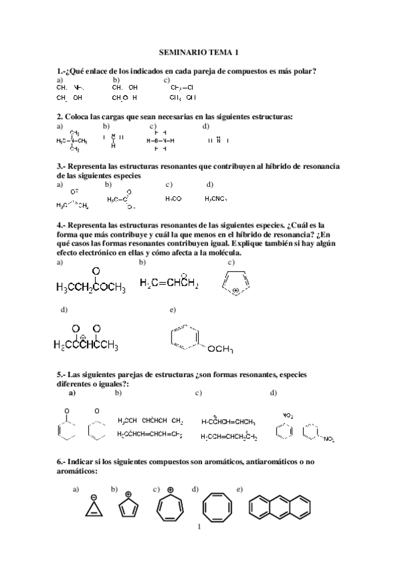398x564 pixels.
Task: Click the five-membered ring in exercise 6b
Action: (128, 509)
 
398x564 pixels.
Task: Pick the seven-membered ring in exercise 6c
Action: (171, 509)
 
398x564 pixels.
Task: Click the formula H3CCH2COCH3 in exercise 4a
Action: (90, 287)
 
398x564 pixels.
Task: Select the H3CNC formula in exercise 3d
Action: (216, 198)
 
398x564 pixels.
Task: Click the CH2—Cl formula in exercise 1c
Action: (181, 87)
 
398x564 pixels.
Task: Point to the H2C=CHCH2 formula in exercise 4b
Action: (169, 283)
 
